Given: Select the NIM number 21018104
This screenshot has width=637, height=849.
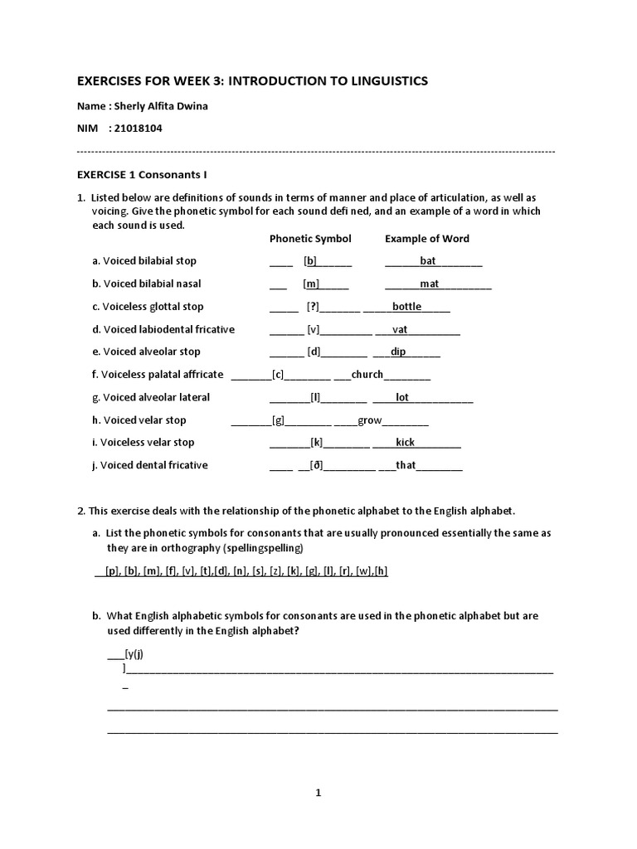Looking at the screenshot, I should pos(146,129).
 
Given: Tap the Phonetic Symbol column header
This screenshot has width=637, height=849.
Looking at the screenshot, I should pos(310,239).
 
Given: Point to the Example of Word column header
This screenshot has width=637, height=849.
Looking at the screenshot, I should pos(426,239).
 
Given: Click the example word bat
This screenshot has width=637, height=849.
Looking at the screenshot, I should pos(428,261).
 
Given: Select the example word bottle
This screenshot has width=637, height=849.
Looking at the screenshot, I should pos(406,307).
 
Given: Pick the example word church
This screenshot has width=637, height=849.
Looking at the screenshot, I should pos(367,375).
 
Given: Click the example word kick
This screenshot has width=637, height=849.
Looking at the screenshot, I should pos(405,443).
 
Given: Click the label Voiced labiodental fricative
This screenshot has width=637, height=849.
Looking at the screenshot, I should pos(163,329).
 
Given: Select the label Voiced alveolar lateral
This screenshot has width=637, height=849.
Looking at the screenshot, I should pos(151,397).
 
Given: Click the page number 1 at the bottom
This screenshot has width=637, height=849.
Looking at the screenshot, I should pos(318,793).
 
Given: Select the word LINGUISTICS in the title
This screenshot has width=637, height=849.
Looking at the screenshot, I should pos(382,80).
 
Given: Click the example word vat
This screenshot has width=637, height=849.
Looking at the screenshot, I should pos(400,329).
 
